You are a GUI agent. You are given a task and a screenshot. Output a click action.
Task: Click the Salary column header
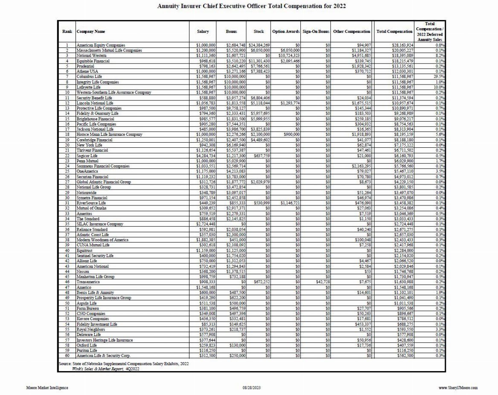pos(203,32)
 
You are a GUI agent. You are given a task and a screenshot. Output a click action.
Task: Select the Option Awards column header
pos(285,32)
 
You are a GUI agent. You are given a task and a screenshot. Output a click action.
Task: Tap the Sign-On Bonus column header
pos(315,32)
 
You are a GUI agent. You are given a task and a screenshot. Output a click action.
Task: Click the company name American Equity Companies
pos(101,45)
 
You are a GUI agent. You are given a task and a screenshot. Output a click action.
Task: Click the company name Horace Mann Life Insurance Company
pos(109,135)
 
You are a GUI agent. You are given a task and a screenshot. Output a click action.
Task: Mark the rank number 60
pos(67,355)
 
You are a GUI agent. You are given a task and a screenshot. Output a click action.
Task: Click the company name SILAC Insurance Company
pos(100,224)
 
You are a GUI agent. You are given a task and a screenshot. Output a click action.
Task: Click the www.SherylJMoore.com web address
pos(458,388)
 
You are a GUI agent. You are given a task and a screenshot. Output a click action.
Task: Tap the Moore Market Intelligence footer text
pos(47,388)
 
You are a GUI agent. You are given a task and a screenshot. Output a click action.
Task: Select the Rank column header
pos(67,32)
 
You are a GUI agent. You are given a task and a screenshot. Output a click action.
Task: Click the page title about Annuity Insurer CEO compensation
pos(251,6)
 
